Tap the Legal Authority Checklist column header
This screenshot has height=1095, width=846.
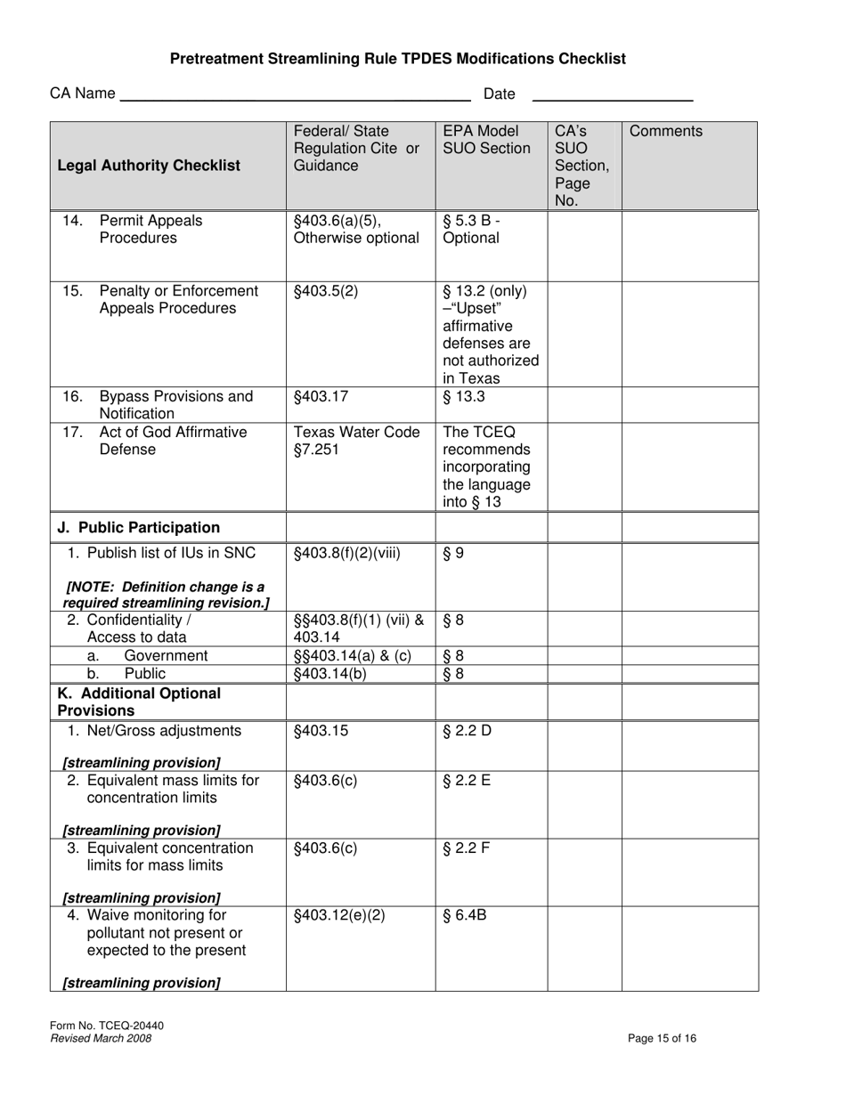[149, 166]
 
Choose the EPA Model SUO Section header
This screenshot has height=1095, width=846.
[486, 140]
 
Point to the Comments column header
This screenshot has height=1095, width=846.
[666, 132]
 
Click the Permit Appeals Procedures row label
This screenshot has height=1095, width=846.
[150, 230]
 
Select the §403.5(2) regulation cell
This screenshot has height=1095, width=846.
[326, 291]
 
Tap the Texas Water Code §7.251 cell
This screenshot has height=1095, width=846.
[356, 441]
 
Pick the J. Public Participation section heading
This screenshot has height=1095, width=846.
[139, 527]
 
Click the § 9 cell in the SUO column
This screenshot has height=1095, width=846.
[453, 554]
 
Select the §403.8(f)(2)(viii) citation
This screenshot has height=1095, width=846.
[347, 554]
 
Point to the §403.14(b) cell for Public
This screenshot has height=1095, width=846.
[329, 674]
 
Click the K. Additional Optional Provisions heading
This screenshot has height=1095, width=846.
[139, 702]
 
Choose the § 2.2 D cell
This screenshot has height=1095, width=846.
[467, 732]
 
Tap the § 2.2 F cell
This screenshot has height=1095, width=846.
[466, 848]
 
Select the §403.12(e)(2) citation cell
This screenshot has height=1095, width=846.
[339, 914]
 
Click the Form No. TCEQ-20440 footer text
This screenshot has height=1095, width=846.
[107, 1026]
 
